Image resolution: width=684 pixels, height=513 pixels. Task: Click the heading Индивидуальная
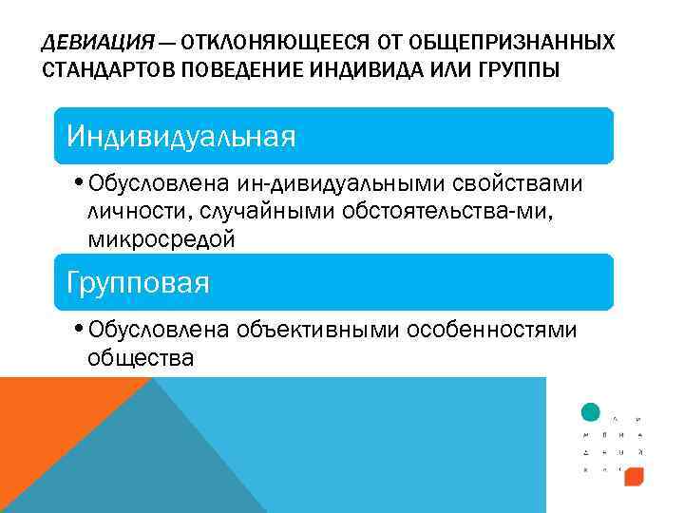[x=180, y=137]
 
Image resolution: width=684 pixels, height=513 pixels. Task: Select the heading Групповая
[x=138, y=283]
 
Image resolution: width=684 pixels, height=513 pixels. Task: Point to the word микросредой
[x=161, y=240]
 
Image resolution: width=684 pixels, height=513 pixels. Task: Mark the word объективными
[x=317, y=330]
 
